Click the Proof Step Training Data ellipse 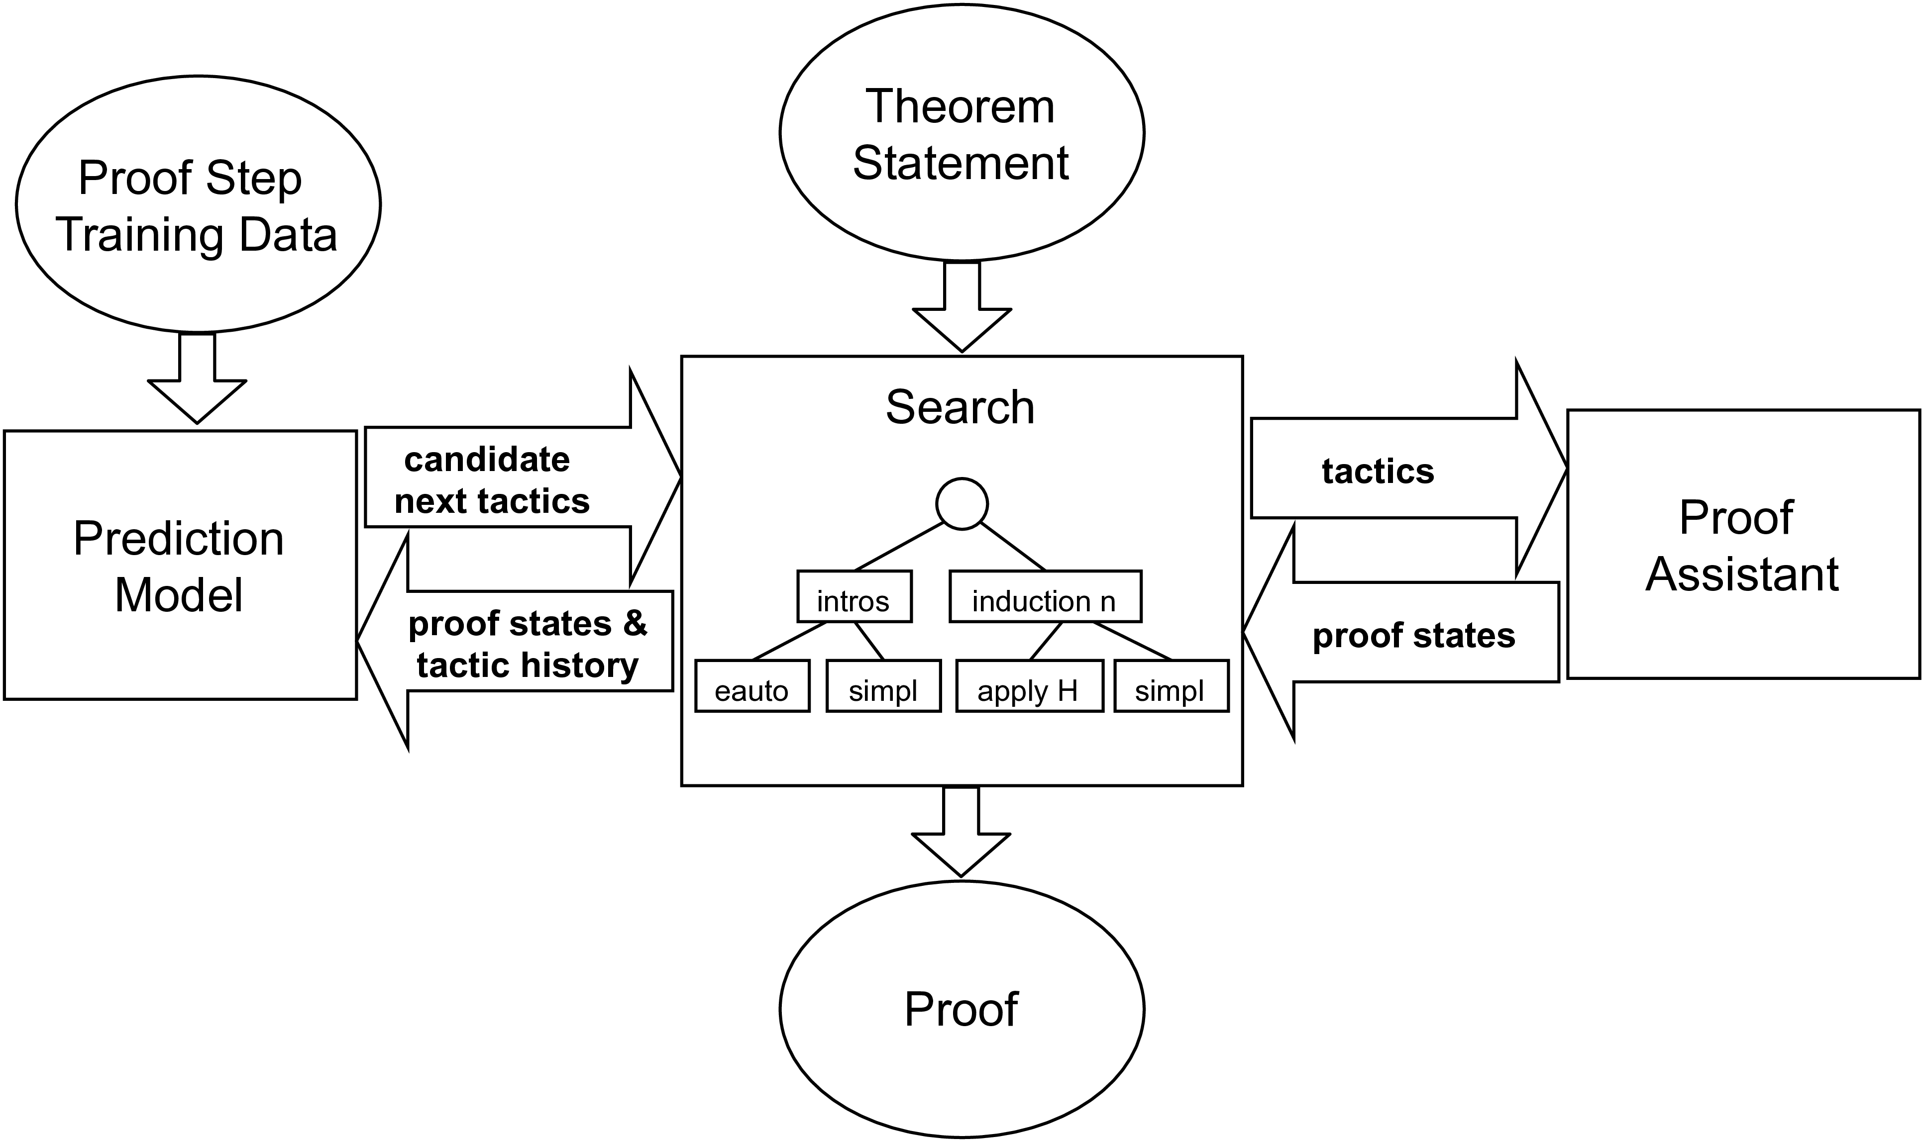[x=198, y=204]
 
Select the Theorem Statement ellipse [x=961, y=133]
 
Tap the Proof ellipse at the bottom [x=961, y=1009]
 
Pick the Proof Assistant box [x=1743, y=544]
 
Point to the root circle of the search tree [x=962, y=504]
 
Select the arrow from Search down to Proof [x=961, y=833]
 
